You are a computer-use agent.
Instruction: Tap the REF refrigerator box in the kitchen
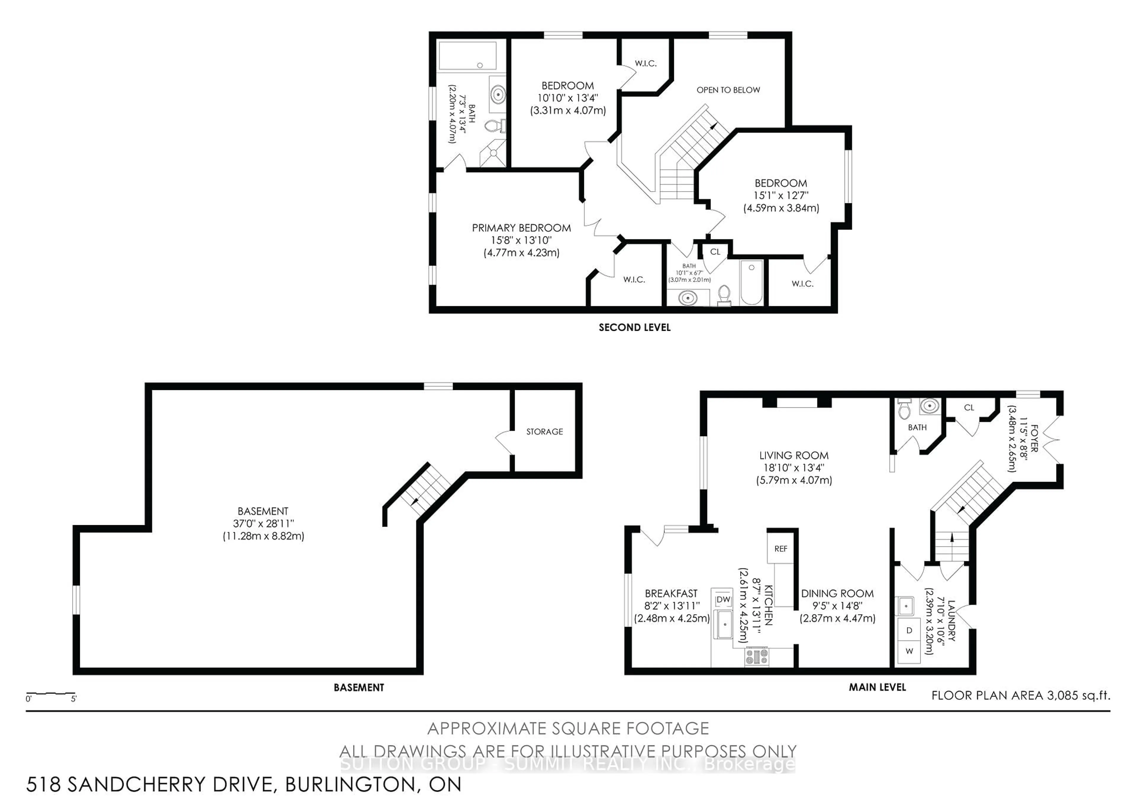[x=780, y=549]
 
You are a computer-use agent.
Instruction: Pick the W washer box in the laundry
[x=909, y=651]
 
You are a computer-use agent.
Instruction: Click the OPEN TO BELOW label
[x=728, y=90]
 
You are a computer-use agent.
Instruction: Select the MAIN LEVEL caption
[x=877, y=687]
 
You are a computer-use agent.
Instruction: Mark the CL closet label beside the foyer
[x=969, y=408]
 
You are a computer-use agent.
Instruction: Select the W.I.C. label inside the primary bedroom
[x=634, y=280]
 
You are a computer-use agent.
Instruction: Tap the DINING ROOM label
[x=837, y=593]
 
